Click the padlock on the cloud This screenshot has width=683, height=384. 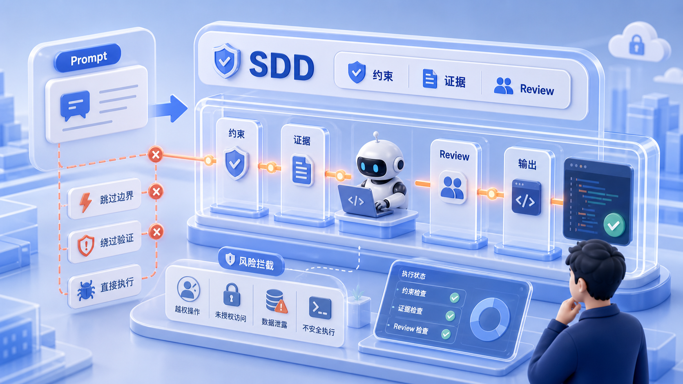pyautogui.click(x=637, y=45)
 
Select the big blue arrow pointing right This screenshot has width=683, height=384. pyautogui.click(x=168, y=109)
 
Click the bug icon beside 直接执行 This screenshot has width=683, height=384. pyautogui.click(x=86, y=291)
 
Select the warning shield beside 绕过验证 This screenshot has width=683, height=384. pyautogui.click(x=86, y=245)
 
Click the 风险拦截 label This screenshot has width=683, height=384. pyautogui.click(x=251, y=262)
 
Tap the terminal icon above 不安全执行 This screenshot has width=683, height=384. pyautogui.click(x=320, y=308)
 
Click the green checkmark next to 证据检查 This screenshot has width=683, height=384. pyautogui.click(x=450, y=316)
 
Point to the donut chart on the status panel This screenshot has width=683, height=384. pyautogui.click(x=490, y=320)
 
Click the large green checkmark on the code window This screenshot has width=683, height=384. pyautogui.click(x=614, y=225)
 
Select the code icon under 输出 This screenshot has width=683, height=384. pyautogui.click(x=526, y=198)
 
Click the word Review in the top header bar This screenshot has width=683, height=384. pyautogui.click(x=537, y=90)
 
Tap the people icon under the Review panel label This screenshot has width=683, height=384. pyautogui.click(x=453, y=187)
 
